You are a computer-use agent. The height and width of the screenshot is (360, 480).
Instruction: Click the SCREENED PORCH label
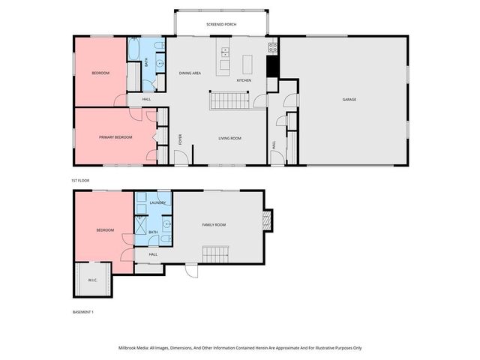coord(221,25)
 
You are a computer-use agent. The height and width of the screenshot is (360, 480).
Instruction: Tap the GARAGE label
coord(349,100)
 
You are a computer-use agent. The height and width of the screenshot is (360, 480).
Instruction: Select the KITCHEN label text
coord(244,80)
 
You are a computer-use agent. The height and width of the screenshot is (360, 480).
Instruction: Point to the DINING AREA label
coord(190,73)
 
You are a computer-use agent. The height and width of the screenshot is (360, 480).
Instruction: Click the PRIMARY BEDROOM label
coord(115,137)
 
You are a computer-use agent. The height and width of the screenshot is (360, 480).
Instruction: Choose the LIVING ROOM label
coord(229,138)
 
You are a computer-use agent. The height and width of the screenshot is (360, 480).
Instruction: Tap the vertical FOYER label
coord(180,139)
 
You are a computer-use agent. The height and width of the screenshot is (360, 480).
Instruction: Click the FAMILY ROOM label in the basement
coord(214,224)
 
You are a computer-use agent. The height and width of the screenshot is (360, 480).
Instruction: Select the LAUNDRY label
coord(157,202)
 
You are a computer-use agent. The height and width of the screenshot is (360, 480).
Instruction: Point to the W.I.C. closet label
coord(92,280)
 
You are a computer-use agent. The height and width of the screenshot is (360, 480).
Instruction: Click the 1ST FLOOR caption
coord(80,181)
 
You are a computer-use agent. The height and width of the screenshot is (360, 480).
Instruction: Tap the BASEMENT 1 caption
coord(83,312)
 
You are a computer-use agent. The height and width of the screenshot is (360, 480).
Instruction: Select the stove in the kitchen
coord(273,46)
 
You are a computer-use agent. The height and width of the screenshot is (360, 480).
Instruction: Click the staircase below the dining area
coord(228,100)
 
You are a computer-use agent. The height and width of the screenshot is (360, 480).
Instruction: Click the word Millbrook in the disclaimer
coord(129,348)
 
